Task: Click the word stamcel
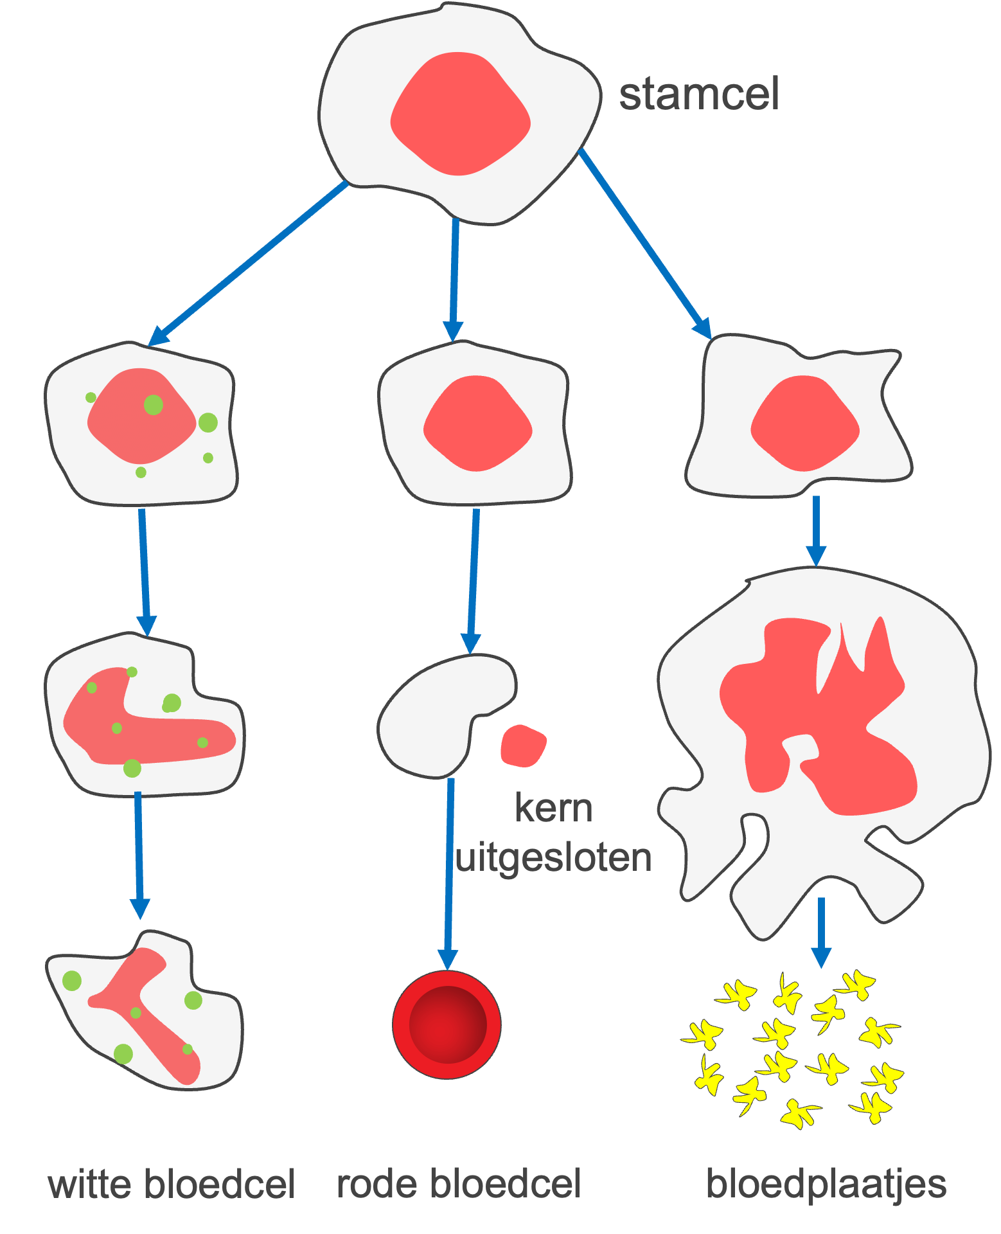point(699,94)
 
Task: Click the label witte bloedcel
point(172,1184)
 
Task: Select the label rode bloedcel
point(459,1184)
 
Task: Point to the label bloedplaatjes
point(826,1184)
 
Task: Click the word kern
point(553,808)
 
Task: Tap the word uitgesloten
point(553,857)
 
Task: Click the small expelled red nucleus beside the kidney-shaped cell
point(523,746)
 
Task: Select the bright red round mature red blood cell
point(447,1024)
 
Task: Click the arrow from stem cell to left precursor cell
point(251,262)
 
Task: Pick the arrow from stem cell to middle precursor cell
point(454,276)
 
